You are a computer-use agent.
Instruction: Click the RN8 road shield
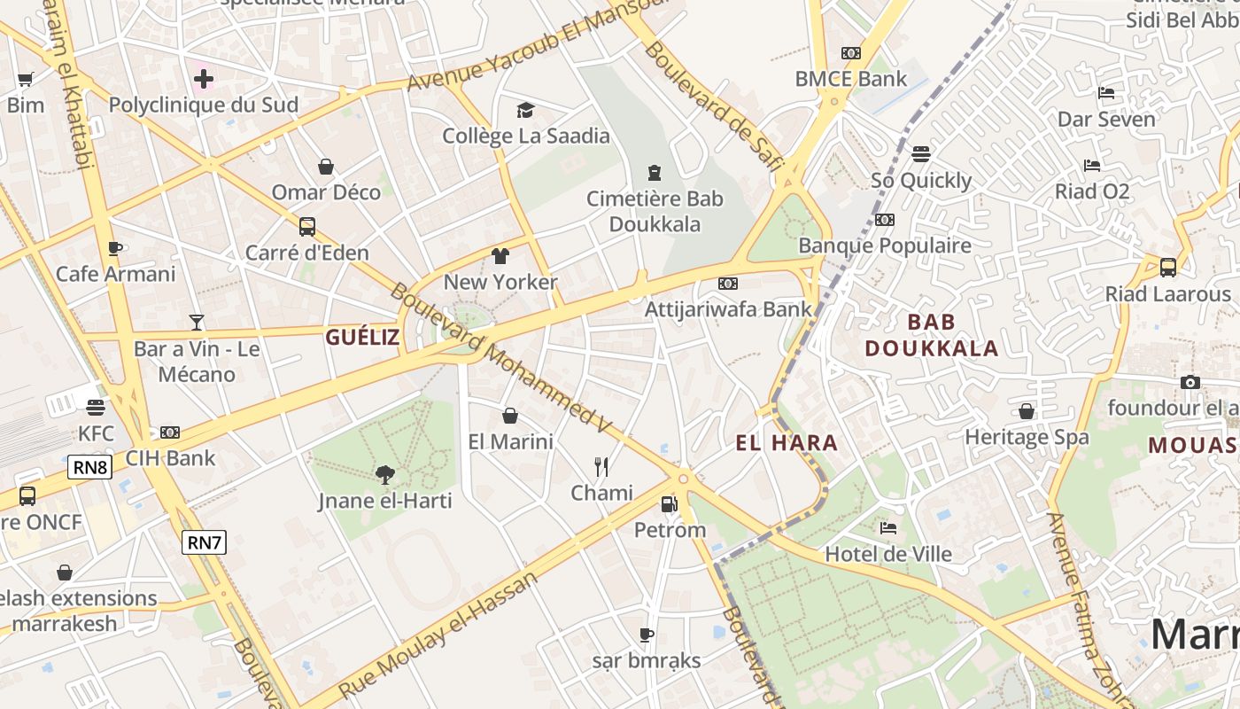(x=90, y=467)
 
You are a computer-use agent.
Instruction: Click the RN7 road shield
(x=204, y=542)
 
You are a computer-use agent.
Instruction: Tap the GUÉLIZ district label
(x=362, y=337)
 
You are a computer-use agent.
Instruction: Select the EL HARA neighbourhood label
(x=787, y=443)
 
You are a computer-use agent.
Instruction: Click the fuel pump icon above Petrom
(x=670, y=504)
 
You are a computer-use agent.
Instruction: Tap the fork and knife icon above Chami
(x=601, y=467)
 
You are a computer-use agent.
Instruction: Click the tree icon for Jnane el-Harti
(x=384, y=475)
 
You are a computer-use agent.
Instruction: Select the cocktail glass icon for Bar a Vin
(x=197, y=323)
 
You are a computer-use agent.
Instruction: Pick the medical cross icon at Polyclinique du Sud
(x=204, y=79)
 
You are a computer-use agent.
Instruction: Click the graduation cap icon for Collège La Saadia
(x=526, y=110)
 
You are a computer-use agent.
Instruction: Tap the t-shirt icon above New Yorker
(x=500, y=256)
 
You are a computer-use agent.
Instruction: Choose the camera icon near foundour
(x=1190, y=382)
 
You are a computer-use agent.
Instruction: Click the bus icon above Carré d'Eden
(x=307, y=227)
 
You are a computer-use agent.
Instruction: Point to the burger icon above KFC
(x=96, y=407)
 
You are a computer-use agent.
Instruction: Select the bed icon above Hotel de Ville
(x=888, y=528)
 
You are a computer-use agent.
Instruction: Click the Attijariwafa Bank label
(x=728, y=309)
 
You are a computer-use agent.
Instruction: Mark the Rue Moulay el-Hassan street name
(x=438, y=636)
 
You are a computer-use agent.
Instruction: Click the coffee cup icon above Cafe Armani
(x=115, y=248)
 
